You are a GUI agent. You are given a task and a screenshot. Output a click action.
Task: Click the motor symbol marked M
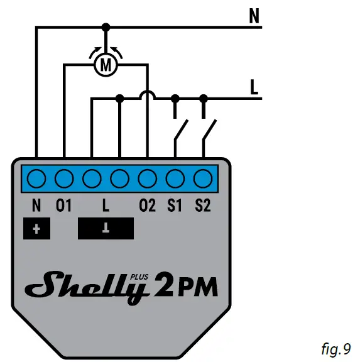point(106,64)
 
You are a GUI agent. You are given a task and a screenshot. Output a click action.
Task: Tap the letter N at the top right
point(254,17)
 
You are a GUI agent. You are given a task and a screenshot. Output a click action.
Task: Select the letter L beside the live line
point(254,88)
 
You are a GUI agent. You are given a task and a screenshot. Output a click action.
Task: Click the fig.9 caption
point(335,348)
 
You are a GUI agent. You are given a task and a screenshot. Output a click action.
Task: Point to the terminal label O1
point(64,206)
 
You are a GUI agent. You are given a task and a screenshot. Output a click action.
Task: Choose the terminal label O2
point(147,206)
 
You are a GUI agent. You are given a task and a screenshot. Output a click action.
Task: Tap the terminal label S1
point(175,206)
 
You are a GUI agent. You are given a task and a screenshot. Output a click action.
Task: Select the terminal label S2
point(202,206)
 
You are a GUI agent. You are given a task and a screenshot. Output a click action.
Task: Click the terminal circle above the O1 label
point(64,179)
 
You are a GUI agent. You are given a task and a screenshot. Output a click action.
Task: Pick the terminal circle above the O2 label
point(147,179)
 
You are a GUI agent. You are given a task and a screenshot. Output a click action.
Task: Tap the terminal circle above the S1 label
point(175,179)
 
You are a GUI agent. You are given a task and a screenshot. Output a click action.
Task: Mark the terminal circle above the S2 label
point(202,179)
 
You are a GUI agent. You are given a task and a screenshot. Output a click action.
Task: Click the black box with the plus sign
point(36,229)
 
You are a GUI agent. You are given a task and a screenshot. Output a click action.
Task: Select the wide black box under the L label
point(106,229)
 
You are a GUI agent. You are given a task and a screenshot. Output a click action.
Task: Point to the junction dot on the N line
point(106,27)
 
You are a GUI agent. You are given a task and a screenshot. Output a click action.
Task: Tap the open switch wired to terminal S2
point(208,131)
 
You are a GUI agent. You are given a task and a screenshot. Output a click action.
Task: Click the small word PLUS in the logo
point(138,275)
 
